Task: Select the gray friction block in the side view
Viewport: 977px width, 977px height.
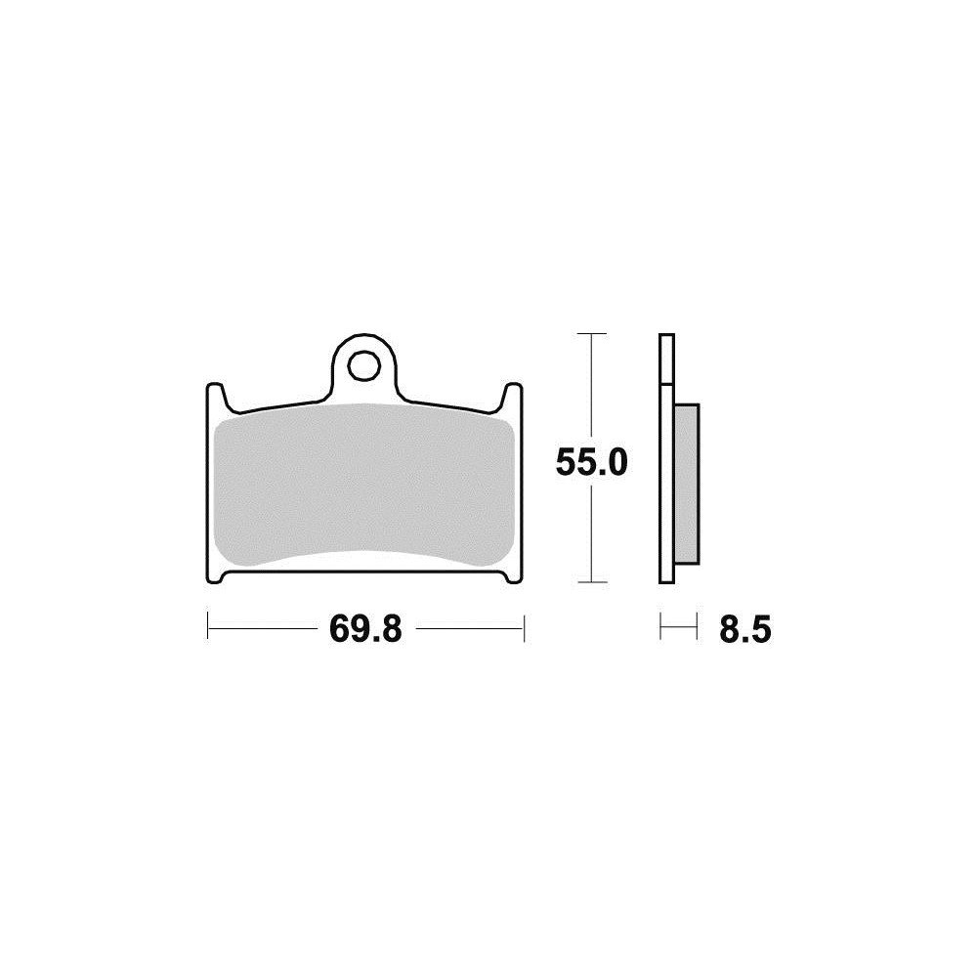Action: click(x=688, y=485)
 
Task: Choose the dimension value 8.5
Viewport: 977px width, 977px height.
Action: click(x=745, y=629)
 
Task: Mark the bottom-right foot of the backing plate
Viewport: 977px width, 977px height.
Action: click(x=515, y=576)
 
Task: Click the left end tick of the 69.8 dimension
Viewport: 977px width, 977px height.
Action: click(x=208, y=627)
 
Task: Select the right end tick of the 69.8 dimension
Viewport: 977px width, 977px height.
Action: click(x=526, y=627)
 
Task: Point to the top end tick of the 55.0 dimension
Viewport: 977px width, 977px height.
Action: click(x=586, y=334)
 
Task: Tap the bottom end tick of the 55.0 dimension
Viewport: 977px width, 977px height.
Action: click(x=586, y=582)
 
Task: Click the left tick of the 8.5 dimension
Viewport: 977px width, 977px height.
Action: click(x=661, y=627)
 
